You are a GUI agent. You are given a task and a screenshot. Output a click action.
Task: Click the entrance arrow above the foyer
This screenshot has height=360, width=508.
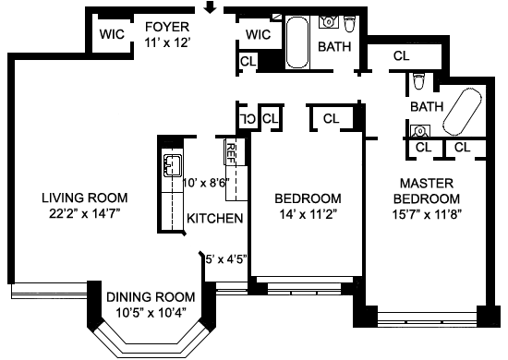tap(211, 7)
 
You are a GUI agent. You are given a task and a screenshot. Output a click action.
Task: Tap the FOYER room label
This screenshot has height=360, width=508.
tap(167, 27)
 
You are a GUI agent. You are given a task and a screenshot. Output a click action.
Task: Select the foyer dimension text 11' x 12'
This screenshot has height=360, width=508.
tap(166, 42)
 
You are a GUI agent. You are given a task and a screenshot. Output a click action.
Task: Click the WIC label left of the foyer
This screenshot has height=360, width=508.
tap(112, 34)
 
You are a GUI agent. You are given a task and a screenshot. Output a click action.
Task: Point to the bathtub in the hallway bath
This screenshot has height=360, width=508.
tap(297, 42)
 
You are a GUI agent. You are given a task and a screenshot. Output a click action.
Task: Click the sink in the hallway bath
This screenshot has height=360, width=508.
tap(329, 22)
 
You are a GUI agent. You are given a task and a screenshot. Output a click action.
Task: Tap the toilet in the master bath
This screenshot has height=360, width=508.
tap(419, 80)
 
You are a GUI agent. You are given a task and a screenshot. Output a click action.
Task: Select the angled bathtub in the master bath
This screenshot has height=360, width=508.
tap(463, 112)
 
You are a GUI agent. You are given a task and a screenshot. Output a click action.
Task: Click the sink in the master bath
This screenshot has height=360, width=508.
tap(420, 131)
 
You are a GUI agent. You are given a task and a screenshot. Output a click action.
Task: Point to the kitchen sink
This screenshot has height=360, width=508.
tap(173, 166)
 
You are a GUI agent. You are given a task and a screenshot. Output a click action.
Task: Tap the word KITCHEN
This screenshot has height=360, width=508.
tap(215, 219)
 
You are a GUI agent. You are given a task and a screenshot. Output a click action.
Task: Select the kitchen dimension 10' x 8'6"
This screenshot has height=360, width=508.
tap(206, 183)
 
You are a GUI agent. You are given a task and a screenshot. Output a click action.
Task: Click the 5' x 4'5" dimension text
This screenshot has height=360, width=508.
tap(226, 259)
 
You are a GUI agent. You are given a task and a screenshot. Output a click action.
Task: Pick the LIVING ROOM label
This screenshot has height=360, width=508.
tap(85, 198)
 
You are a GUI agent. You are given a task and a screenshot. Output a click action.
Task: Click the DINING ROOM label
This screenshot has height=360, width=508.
tap(151, 297)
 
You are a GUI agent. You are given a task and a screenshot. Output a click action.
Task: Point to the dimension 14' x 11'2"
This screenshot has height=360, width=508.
tap(308, 214)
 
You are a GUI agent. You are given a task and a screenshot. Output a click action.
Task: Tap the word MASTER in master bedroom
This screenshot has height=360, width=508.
tap(427, 184)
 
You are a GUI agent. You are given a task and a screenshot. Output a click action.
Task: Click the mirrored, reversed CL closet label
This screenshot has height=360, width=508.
tap(248, 119)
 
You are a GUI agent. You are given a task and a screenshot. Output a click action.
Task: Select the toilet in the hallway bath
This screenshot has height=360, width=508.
tap(349, 24)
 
